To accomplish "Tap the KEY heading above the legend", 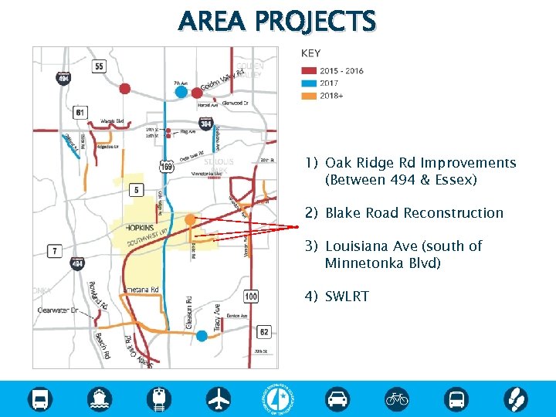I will click(310, 54).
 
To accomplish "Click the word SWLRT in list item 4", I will click(347, 297).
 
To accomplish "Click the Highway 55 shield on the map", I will click(99, 67).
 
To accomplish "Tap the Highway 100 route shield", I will click(251, 297).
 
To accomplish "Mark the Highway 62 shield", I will click(263, 332).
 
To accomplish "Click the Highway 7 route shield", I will click(55, 251).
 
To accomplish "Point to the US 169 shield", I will click(167, 165).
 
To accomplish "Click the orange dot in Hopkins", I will click(190, 221).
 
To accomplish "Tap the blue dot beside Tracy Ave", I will click(202, 336).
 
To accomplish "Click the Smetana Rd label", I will click(141, 290).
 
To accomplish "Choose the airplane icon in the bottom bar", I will click(219, 398).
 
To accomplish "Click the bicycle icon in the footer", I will click(397, 398).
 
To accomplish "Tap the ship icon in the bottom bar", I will click(100, 398).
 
